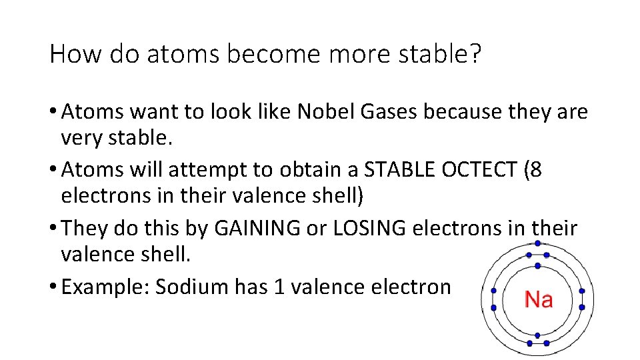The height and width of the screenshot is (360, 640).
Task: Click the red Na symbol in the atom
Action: (x=538, y=300)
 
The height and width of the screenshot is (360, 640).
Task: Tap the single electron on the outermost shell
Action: (x=537, y=243)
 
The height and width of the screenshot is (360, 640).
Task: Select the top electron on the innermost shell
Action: (x=537, y=269)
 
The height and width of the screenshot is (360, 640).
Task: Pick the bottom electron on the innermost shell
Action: (x=537, y=330)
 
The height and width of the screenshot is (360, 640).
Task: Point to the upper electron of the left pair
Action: (x=493, y=291)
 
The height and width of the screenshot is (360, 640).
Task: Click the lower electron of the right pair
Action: (x=582, y=307)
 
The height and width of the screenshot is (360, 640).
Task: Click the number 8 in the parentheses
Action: (x=535, y=170)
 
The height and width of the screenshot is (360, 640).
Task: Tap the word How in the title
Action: (x=73, y=54)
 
